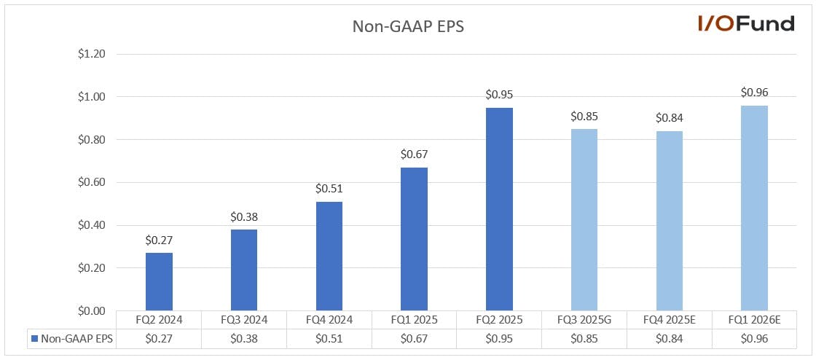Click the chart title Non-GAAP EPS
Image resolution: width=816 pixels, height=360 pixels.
click(408, 26)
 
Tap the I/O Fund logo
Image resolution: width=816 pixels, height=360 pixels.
click(746, 23)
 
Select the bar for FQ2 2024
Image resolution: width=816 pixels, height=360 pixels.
click(159, 282)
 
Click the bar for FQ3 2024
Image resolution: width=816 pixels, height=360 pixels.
click(243, 270)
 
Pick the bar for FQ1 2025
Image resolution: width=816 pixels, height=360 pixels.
click(415, 239)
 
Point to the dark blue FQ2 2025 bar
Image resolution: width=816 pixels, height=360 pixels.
click(500, 209)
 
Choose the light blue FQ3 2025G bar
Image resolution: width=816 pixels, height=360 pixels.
click(584, 220)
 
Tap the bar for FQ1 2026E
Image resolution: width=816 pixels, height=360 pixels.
click(754, 208)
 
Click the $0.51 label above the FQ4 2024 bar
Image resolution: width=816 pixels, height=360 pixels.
click(329, 189)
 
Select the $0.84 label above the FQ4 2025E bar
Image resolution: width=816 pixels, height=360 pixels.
click(670, 119)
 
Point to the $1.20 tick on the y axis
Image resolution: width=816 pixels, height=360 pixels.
click(92, 54)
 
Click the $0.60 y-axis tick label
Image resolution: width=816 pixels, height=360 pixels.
click(92, 183)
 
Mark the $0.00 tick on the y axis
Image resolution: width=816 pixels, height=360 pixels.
click(92, 311)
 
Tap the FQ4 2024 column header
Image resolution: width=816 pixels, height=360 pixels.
click(329, 320)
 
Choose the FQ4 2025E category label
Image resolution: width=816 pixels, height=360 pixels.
click(670, 320)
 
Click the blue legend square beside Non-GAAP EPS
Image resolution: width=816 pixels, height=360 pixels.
click(34, 339)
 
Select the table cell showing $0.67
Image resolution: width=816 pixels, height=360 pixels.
click(415, 339)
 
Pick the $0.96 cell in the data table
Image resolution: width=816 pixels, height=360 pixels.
click(754, 339)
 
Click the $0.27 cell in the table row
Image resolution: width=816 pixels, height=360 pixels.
click(159, 339)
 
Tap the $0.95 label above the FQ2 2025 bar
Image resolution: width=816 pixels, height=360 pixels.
click(500, 95)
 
